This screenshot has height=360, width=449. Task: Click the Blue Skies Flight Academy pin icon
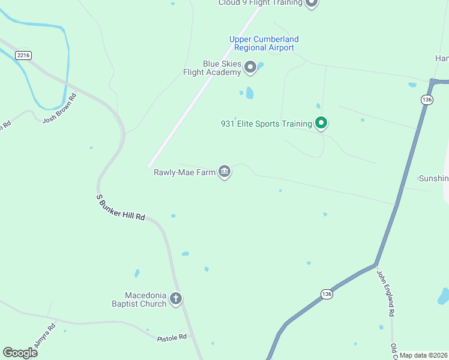click(250, 68)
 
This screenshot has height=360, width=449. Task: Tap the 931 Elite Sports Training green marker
click(321, 124)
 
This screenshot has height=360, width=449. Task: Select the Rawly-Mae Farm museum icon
click(224, 172)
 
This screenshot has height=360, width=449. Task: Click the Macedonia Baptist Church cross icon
click(176, 299)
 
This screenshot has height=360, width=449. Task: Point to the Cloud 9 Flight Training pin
click(311, 3)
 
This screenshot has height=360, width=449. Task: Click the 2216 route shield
click(24, 55)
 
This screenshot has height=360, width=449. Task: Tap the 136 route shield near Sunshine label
click(427, 100)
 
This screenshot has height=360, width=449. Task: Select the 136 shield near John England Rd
click(326, 294)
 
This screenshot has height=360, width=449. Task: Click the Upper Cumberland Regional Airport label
click(264, 43)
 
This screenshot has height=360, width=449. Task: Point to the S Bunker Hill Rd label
click(121, 208)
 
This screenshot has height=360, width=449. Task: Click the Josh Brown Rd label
click(59, 109)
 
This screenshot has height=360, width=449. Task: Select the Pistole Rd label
click(172, 338)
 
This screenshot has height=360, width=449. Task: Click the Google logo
click(20, 353)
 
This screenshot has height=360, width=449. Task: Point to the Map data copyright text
click(424, 355)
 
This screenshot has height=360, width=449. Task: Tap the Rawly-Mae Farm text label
click(184, 172)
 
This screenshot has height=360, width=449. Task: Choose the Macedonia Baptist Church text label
click(145, 299)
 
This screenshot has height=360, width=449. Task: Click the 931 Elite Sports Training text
click(267, 124)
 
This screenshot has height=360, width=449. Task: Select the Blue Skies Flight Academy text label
click(213, 68)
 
